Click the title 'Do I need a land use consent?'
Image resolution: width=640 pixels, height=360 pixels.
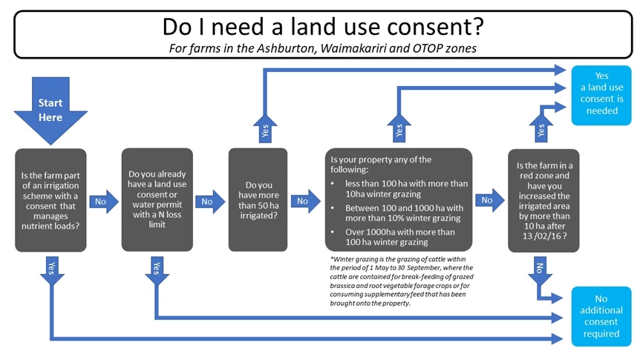tap(323, 27)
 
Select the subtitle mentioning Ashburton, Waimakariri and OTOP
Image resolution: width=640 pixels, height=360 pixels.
tap(323, 48)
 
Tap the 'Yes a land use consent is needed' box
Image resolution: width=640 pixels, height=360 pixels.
tap(601, 95)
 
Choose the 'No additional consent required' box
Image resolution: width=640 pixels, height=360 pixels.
tap(601, 316)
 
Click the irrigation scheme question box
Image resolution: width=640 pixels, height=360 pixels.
tap(50, 200)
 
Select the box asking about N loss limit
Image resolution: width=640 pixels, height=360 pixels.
tap(157, 200)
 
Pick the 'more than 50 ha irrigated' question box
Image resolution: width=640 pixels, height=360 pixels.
tap(258, 200)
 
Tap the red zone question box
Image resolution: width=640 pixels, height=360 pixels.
tap(543, 200)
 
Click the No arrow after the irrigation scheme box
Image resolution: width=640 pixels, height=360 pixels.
tap(104, 202)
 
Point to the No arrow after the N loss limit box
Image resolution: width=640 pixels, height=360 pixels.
tap(210, 202)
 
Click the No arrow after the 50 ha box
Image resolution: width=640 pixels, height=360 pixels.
tap(306, 201)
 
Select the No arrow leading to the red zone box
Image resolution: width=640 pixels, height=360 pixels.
tap(490, 200)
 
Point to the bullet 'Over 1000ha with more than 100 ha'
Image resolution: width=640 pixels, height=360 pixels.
tap(399, 237)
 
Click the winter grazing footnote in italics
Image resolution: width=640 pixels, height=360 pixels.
tap(402, 281)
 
